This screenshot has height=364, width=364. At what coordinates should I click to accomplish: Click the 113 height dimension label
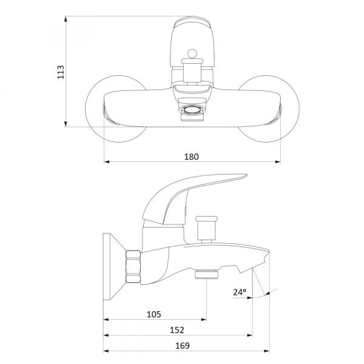[61, 72]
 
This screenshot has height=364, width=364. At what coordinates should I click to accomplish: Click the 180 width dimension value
[192, 157]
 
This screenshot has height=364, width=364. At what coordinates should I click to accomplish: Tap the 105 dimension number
[154, 314]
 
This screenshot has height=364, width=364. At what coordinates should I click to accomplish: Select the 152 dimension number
[177, 330]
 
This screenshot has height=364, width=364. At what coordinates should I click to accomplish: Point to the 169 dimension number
[183, 345]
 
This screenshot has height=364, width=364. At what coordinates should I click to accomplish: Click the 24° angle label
[240, 292]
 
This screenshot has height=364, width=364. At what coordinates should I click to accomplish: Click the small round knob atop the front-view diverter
[192, 54]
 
